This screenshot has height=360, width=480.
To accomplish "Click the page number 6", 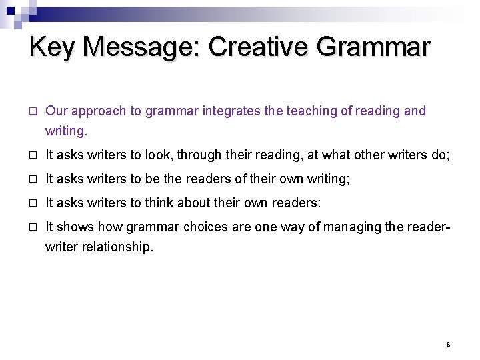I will [x=448, y=345].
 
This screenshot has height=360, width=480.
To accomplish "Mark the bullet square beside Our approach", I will [x=31, y=111].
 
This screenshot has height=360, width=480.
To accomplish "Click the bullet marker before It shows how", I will [x=31, y=226].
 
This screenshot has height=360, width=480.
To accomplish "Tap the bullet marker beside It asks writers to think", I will [x=31, y=203].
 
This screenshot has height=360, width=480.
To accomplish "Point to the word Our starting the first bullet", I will [x=56, y=111].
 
